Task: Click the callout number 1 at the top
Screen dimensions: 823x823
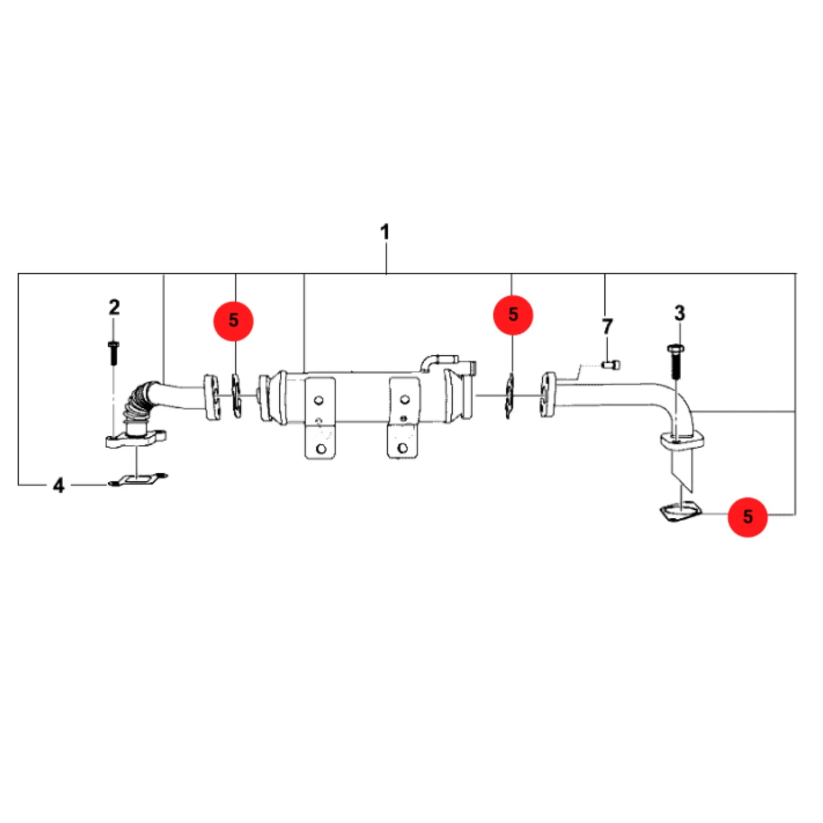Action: (384, 232)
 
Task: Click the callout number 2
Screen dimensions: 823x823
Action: (114, 307)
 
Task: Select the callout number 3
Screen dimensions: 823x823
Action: (679, 313)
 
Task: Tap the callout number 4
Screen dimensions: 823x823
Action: (59, 485)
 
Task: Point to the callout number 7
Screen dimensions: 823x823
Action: (607, 326)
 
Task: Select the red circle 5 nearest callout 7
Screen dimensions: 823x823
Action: (513, 315)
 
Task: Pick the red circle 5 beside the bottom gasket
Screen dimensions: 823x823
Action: (747, 517)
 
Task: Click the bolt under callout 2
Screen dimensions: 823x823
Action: (113, 353)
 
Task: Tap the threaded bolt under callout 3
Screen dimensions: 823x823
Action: (675, 362)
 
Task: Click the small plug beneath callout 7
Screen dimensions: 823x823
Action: (611, 365)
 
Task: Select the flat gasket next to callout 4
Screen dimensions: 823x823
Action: (138, 480)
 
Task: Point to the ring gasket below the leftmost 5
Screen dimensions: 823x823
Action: (236, 395)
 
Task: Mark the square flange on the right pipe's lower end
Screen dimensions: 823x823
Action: (682, 441)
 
